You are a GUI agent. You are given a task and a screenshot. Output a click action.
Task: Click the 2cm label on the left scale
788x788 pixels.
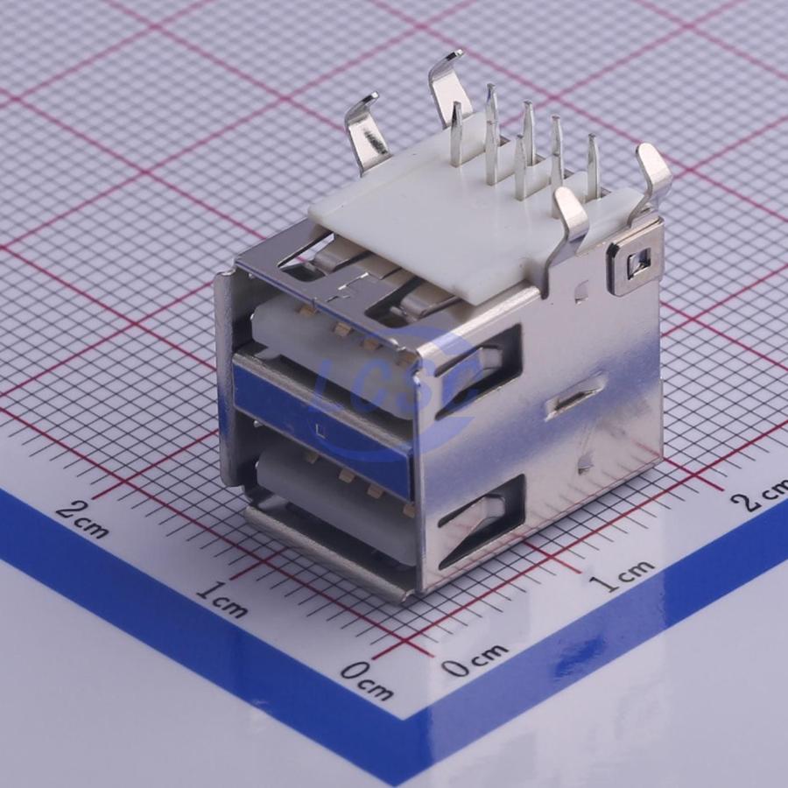point(81,518)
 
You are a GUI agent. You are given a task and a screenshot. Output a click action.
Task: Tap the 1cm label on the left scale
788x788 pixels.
point(222,598)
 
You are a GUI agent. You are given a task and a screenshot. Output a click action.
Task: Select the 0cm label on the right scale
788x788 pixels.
point(475,658)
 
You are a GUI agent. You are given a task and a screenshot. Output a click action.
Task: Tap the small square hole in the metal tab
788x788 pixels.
point(636,262)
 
